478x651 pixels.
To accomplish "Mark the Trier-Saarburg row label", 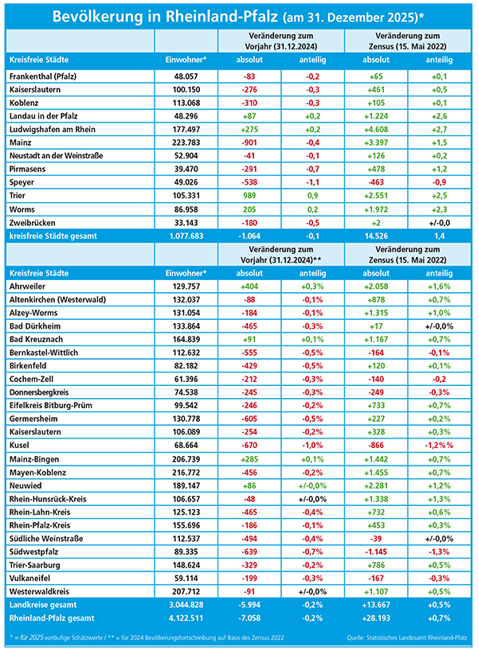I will point(32,565).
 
